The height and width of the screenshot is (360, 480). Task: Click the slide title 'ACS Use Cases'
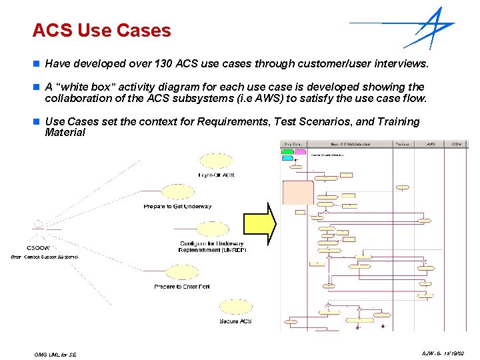click(101, 31)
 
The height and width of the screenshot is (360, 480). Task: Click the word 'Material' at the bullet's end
click(65, 132)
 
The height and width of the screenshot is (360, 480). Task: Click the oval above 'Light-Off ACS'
click(216, 160)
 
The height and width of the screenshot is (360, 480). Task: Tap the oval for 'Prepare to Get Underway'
click(177, 192)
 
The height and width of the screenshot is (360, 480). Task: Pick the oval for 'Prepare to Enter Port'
click(181, 272)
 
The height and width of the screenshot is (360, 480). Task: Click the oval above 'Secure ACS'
click(235, 307)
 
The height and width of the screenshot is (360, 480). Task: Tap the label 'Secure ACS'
click(235, 321)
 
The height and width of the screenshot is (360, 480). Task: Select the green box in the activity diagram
click(287, 152)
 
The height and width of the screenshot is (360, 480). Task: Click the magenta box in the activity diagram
click(300, 152)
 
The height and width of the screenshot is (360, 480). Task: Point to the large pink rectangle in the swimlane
click(299, 192)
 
